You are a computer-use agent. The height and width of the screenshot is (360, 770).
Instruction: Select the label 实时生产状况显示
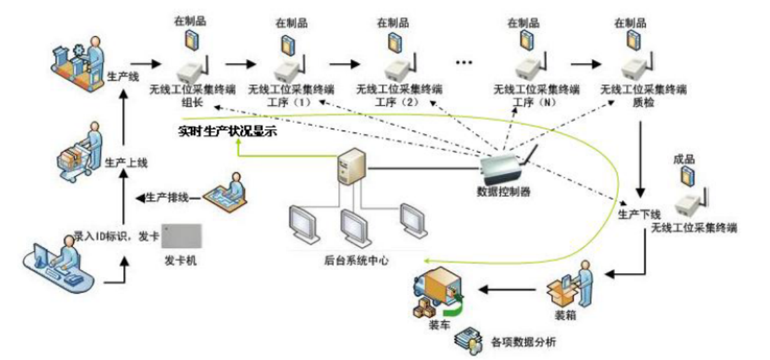[x=226, y=132]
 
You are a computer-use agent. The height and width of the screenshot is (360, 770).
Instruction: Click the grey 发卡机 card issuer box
[x=182, y=237]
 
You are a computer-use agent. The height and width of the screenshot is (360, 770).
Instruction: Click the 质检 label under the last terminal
[x=642, y=102]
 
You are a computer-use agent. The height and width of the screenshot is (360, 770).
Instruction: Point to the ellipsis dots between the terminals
[x=464, y=62]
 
